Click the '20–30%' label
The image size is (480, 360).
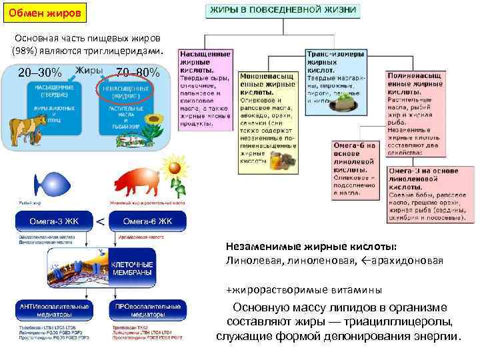pyautogui.click(x=40, y=72)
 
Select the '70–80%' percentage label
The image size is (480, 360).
pyautogui.click(x=137, y=72)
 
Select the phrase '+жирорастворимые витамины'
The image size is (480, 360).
pyautogui.click(x=304, y=290)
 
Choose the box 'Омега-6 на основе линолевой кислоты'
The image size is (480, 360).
pyautogui.click(x=354, y=169)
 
